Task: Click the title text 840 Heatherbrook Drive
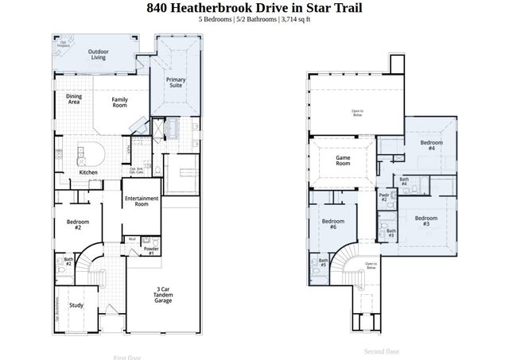point(254,8)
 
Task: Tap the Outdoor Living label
point(99,54)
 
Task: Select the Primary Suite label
point(176,83)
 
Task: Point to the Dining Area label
point(73,99)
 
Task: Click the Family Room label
point(120,102)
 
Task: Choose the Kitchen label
point(88,172)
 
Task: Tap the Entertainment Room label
point(142,201)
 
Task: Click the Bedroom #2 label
point(78,224)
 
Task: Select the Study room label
point(76,305)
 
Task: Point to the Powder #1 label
point(151,251)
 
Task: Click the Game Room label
point(343,159)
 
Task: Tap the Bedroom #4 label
point(430,145)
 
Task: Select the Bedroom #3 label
point(426,221)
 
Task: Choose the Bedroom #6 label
point(332,223)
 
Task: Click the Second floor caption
point(382,350)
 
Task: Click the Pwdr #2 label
point(383,196)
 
